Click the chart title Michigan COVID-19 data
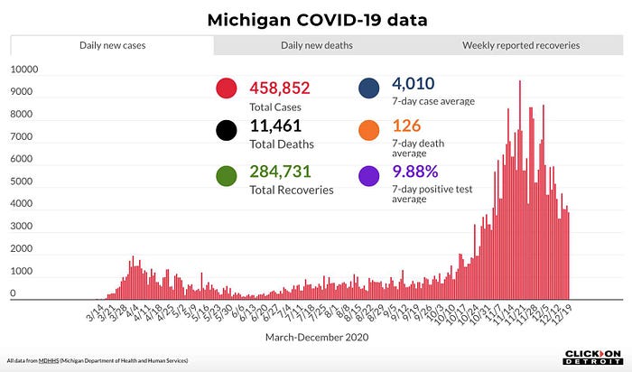point(317,19)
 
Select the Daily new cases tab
point(112,45)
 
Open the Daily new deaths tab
point(316,45)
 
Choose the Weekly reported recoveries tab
point(521,45)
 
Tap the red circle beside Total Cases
point(227,89)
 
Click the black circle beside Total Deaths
point(227,131)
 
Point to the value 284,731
point(281,172)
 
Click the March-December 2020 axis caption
point(317,336)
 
